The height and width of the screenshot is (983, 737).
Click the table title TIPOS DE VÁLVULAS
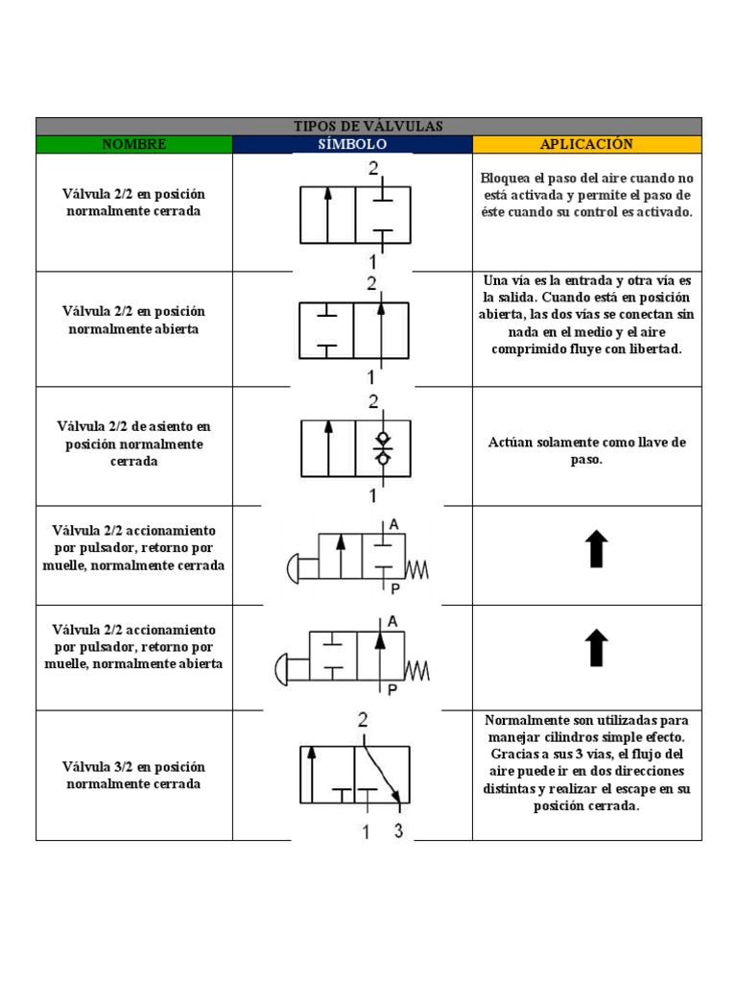[x=368, y=126]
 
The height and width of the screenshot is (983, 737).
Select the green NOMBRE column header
[x=133, y=144]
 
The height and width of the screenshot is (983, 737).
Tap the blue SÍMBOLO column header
[x=352, y=144]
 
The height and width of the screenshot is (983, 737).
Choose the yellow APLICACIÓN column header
[x=586, y=144]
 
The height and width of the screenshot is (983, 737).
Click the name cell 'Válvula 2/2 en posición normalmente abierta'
[x=133, y=320]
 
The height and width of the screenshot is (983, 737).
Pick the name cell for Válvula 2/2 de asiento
[x=133, y=444]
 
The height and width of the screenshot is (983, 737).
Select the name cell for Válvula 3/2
[x=133, y=775]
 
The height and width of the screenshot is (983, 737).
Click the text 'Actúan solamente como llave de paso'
[x=586, y=451]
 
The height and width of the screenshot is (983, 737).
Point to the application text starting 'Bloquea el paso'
[x=586, y=195]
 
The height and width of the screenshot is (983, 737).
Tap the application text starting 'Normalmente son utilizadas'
[x=586, y=763]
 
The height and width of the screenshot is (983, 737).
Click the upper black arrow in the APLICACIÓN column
[x=596, y=550]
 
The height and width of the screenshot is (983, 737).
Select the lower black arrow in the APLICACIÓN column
[x=596, y=648]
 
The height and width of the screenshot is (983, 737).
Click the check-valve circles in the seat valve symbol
[x=383, y=447]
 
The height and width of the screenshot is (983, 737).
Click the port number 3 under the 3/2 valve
[x=398, y=831]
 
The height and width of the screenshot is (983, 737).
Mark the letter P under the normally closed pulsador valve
[x=393, y=589]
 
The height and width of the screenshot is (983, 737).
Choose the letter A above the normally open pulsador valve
[x=392, y=621]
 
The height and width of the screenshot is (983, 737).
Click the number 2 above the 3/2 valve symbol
[x=363, y=720]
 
